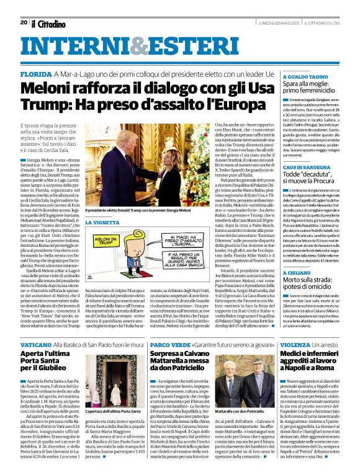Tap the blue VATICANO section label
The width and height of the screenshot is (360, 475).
click(x=37, y=343)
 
